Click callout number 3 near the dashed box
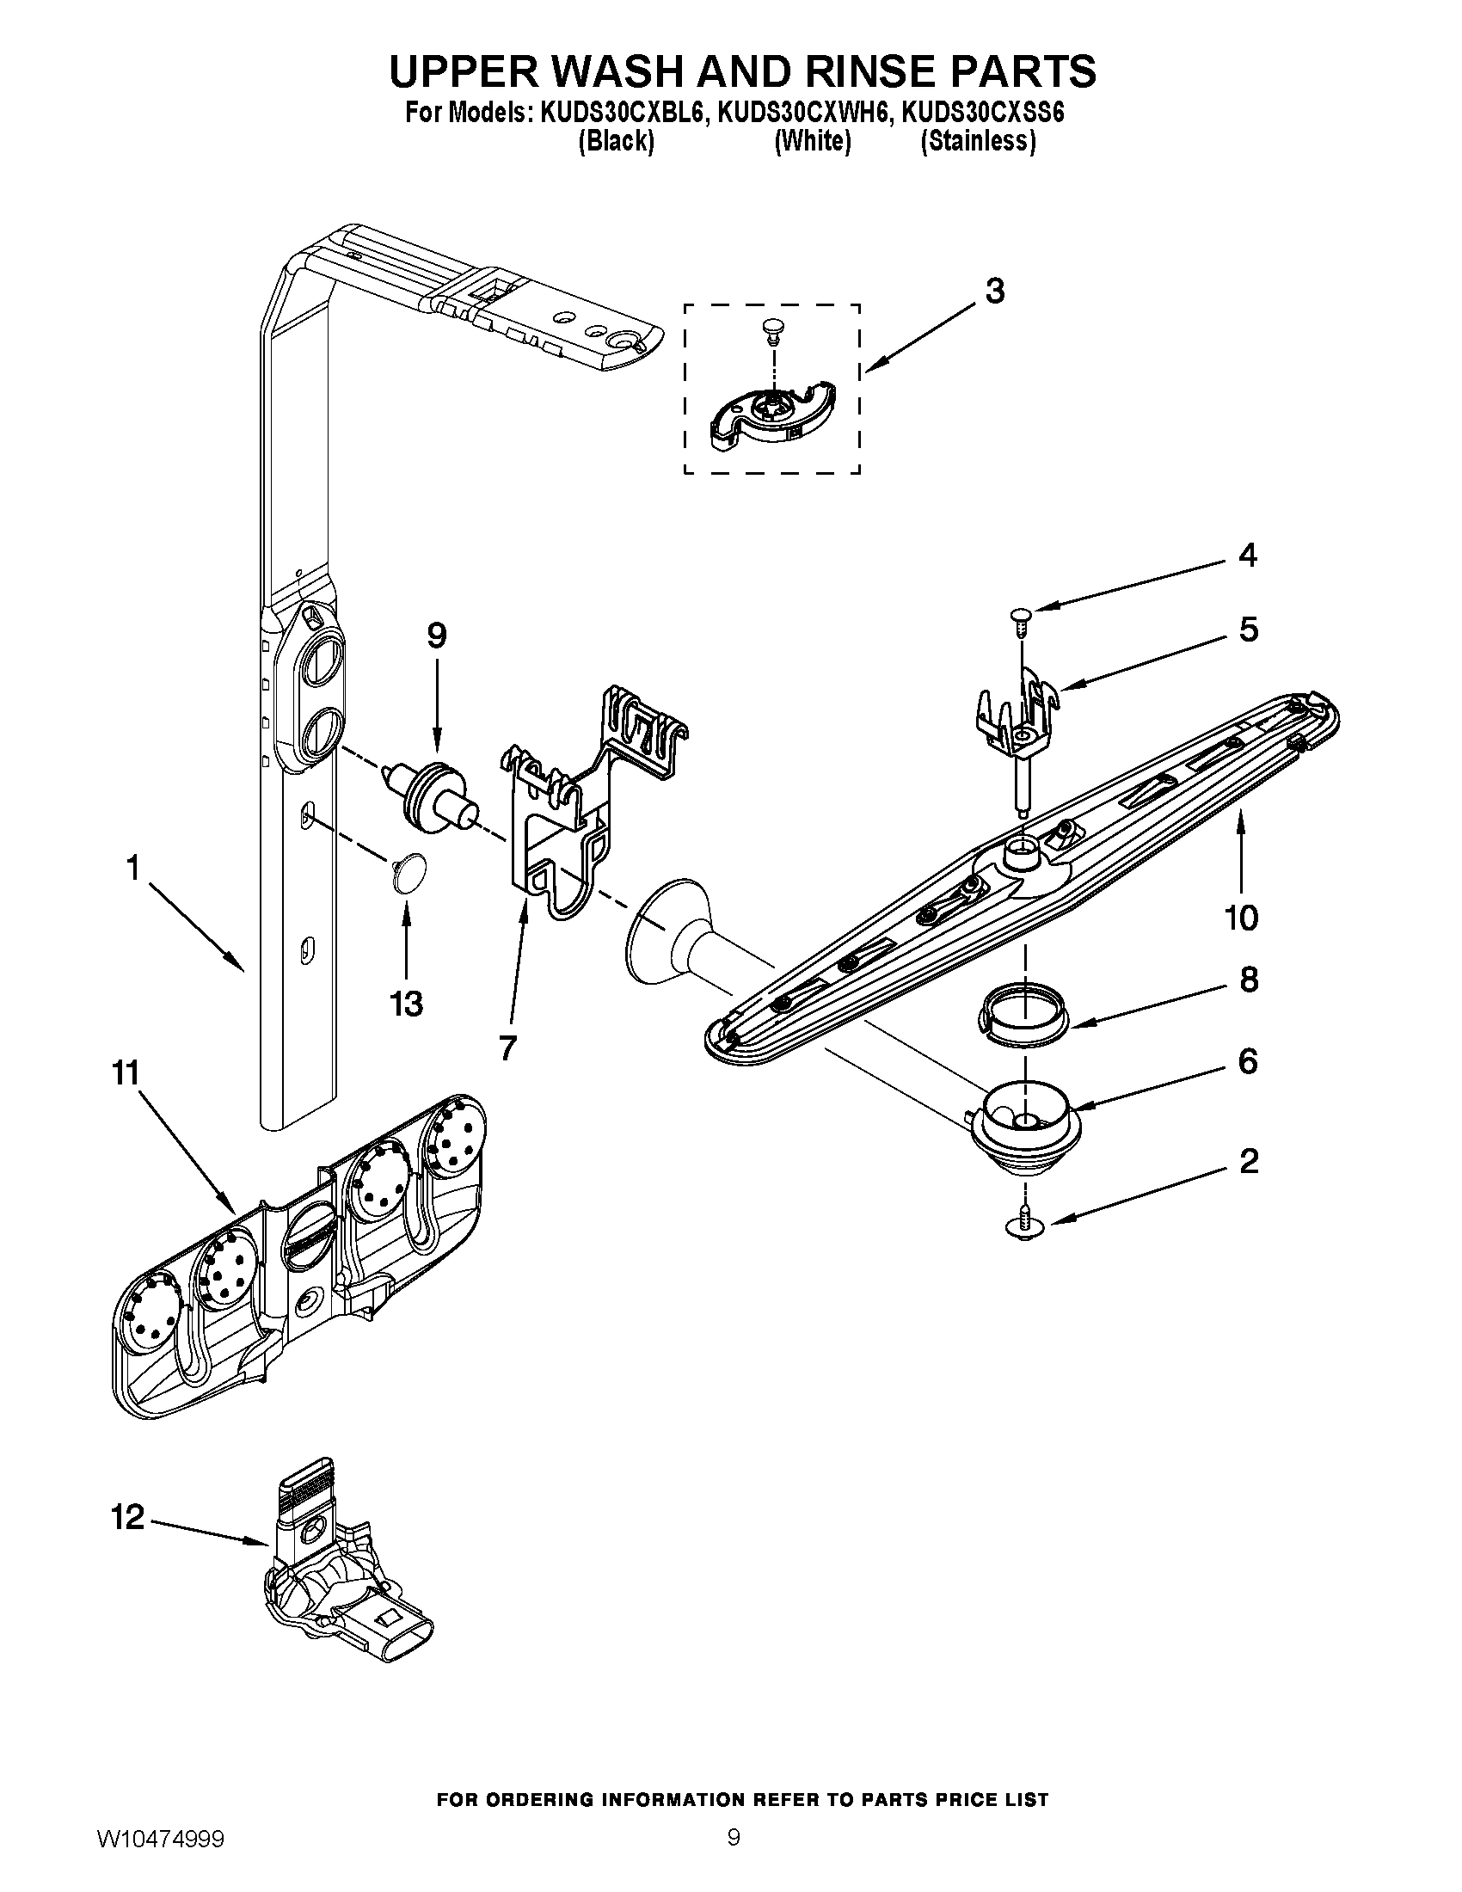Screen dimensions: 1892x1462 coord(995,292)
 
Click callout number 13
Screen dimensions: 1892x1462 coord(406,1004)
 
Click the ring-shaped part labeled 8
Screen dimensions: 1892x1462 coord(1023,1013)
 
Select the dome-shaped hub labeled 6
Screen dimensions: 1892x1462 coord(1024,1128)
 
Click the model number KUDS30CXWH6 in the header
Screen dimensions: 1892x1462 coord(802,114)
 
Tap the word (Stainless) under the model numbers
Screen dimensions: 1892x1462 coord(978,141)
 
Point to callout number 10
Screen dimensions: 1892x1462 coord(1241,918)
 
